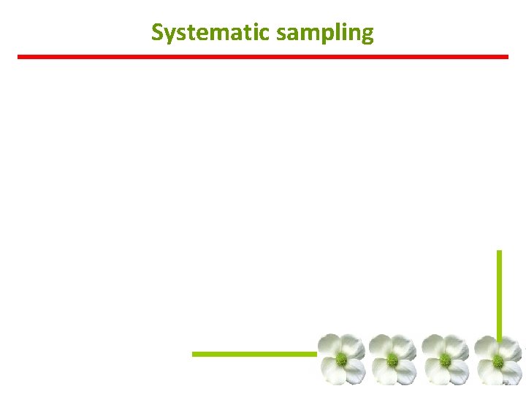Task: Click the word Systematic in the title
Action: point(204,33)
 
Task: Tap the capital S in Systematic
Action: point(158,33)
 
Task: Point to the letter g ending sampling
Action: point(367,36)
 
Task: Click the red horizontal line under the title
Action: point(263,56)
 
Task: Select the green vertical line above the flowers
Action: point(499,292)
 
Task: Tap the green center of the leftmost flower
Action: point(340,359)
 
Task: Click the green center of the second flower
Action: point(392,360)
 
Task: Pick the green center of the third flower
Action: point(445,360)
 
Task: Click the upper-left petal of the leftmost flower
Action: point(330,346)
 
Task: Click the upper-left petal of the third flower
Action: point(435,346)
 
